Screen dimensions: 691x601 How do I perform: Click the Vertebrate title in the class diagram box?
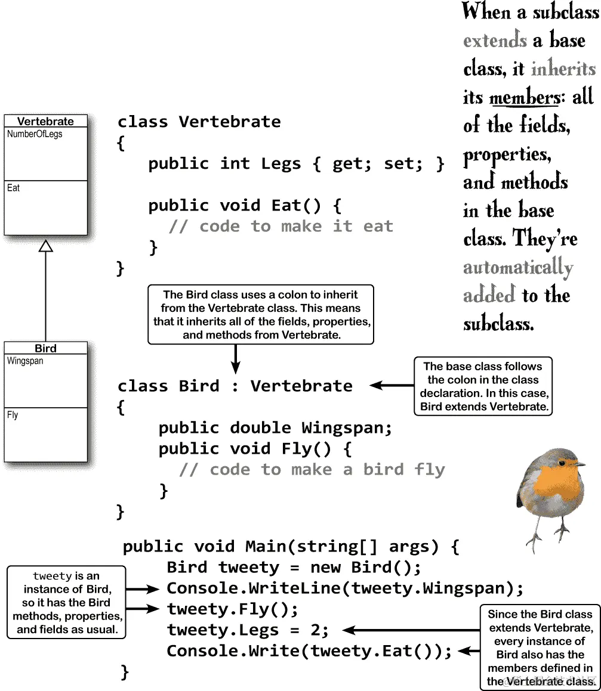coord(45,121)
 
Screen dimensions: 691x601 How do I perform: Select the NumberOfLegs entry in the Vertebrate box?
coord(35,134)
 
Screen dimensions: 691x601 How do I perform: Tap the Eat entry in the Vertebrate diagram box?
coord(14,188)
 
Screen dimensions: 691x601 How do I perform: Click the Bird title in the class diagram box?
coord(45,348)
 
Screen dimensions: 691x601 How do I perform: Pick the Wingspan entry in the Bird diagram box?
coord(25,361)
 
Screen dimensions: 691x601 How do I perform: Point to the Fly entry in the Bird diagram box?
coord(13,415)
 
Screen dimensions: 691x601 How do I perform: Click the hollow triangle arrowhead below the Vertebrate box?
coord(46,244)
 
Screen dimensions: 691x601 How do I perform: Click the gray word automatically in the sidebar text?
coord(517,267)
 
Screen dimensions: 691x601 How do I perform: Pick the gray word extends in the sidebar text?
coord(495,41)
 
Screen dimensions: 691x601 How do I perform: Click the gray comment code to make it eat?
coord(281,227)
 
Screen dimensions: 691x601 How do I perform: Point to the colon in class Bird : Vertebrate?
coord(235,386)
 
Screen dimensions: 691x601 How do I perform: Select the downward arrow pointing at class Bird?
coord(236,359)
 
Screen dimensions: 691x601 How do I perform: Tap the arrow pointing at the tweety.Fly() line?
coord(144,609)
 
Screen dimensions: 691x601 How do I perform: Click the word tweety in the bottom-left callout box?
coord(53,576)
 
